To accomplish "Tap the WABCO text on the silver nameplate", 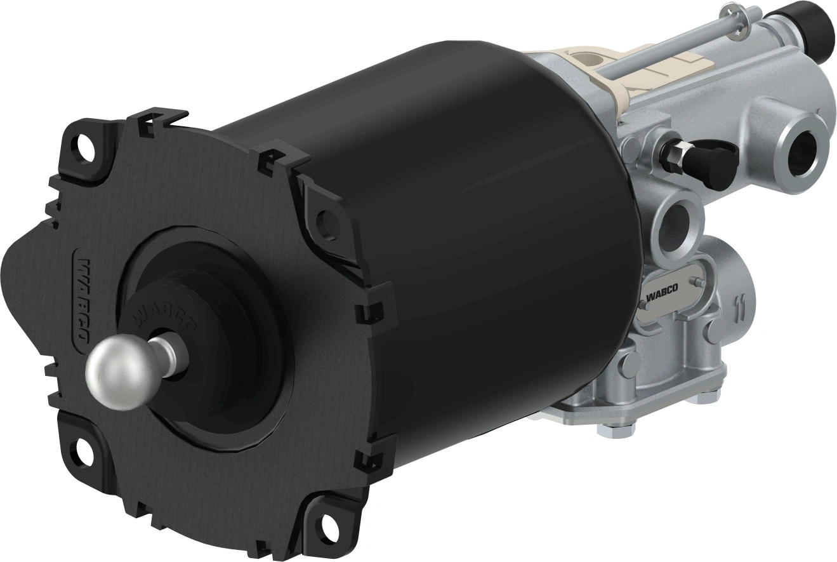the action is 661,294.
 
